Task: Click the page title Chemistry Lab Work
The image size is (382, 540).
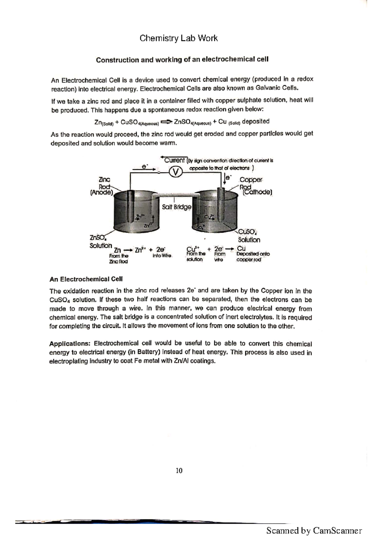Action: pos(179,38)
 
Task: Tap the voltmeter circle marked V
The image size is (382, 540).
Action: pos(175,172)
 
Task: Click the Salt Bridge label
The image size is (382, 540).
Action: pos(176,207)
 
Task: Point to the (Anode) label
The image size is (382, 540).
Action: pos(102,193)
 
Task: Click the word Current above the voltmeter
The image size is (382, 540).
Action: pos(174,160)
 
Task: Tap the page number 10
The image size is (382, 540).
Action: pos(179,471)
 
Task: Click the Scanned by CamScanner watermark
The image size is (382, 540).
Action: pos(314,530)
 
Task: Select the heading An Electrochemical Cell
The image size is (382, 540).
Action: pos(86,279)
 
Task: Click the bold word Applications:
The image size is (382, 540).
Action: pos(70,344)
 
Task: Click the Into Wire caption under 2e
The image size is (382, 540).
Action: pos(162,256)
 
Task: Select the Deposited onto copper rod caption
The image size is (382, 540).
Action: pos(252,257)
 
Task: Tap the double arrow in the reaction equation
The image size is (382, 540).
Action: pos(166,122)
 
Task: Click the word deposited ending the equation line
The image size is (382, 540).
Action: pos(256,121)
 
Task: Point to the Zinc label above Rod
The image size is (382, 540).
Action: pos(104,180)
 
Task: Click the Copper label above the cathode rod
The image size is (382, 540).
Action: pos(251,180)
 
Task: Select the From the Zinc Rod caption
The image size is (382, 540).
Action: pos(118,259)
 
